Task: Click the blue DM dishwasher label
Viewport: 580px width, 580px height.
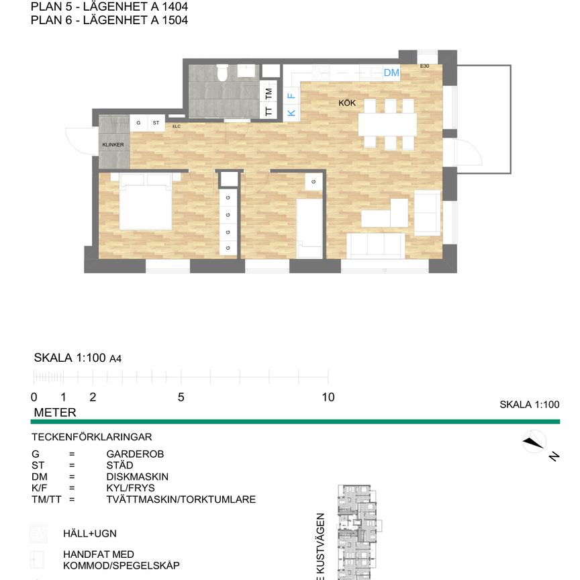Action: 391,72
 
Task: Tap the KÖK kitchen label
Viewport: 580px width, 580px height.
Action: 346,103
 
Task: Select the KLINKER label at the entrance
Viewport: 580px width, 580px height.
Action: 113,145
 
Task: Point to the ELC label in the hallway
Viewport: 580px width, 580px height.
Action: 177,126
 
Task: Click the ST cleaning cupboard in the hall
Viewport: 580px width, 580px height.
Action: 156,123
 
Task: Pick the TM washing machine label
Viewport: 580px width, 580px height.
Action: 269,93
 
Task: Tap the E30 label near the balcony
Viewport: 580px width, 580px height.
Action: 424,66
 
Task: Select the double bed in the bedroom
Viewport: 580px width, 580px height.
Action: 145,201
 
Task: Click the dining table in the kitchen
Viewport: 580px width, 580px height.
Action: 387,124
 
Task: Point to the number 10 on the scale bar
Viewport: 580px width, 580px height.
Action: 328,397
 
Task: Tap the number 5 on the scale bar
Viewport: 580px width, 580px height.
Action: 181,397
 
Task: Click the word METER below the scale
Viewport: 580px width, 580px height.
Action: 54,412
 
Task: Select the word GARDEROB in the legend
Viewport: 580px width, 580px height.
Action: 135,454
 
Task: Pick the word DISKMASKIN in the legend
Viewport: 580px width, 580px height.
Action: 137,477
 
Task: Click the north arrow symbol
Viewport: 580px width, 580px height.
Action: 534,442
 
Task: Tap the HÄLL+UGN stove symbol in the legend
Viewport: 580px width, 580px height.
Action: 38,534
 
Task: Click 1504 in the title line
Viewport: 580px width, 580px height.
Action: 173,20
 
